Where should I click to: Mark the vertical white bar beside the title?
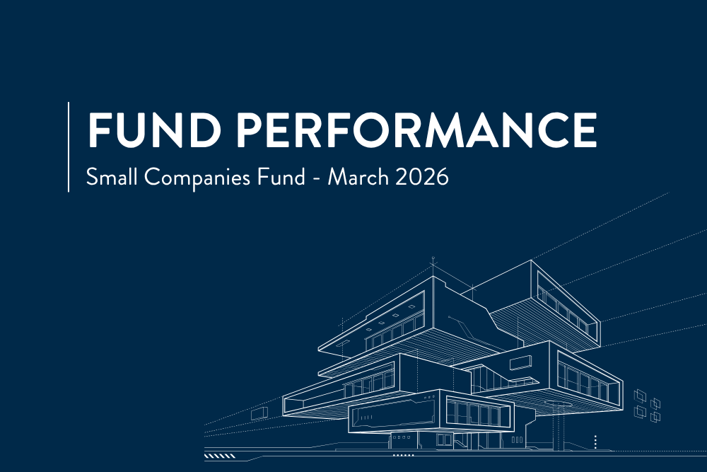coord(69,146)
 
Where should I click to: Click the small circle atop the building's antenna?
coord(433,261)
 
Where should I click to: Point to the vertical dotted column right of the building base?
coord(596,442)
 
